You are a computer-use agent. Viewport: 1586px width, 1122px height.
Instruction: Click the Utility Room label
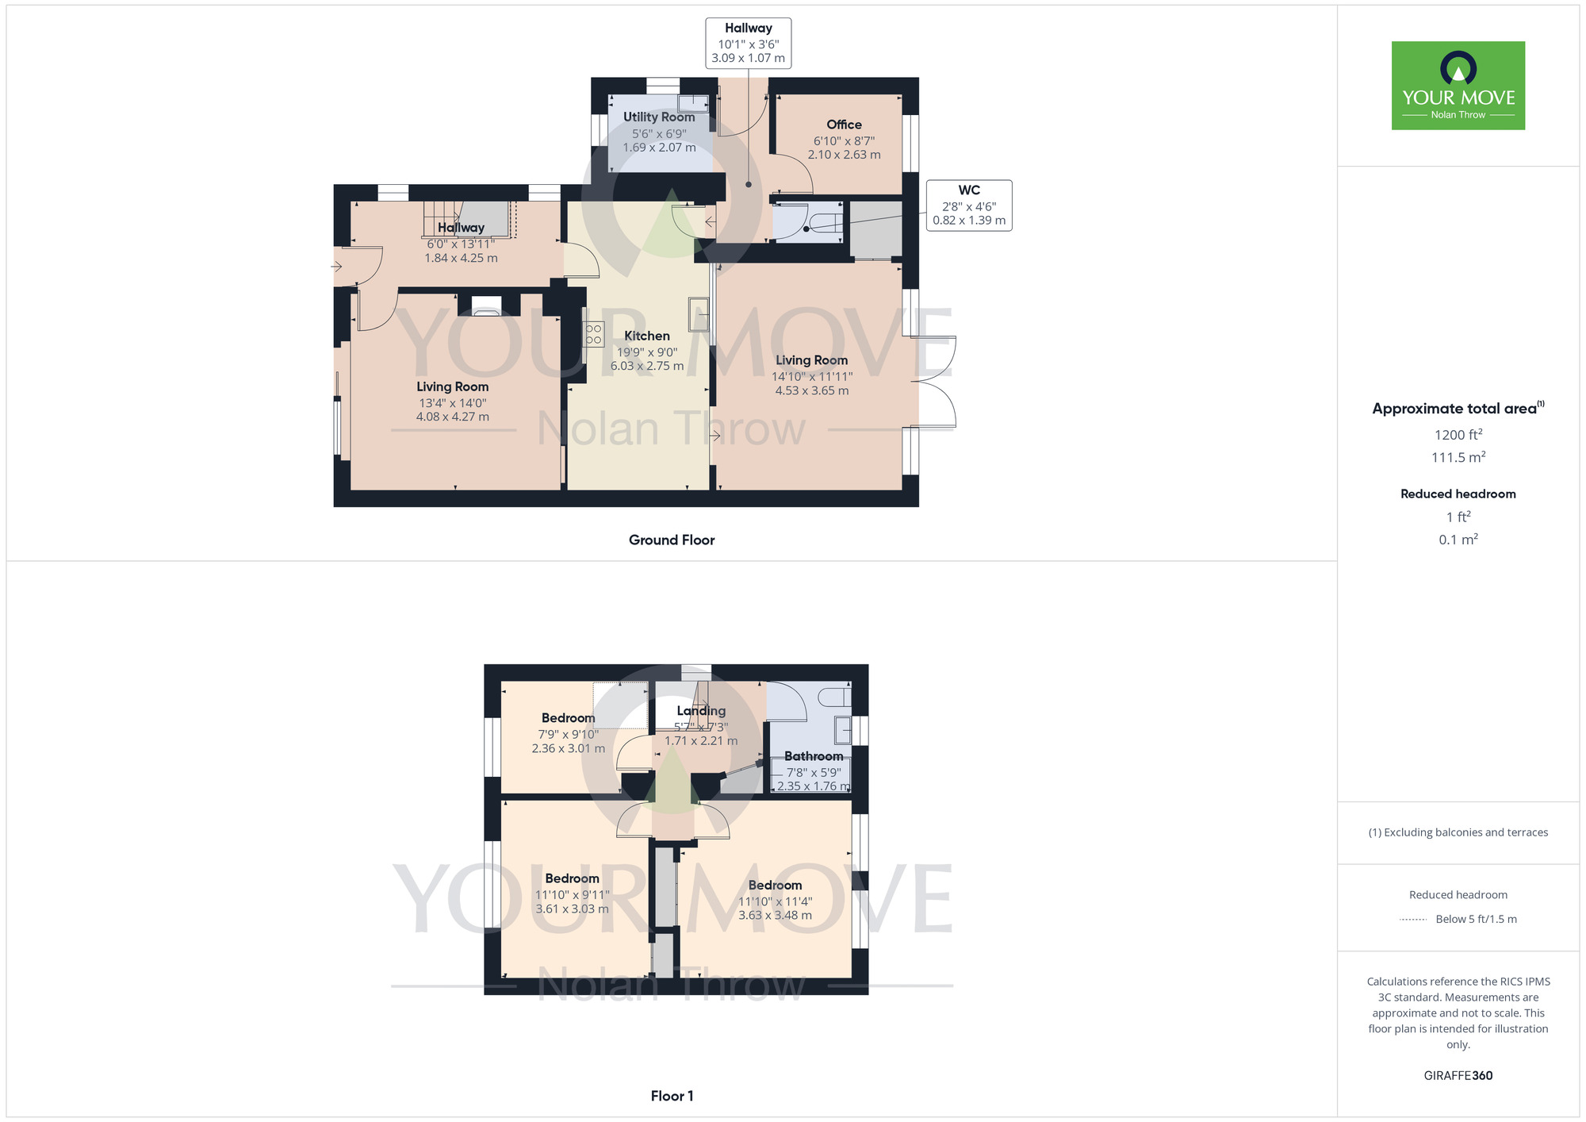coord(658,117)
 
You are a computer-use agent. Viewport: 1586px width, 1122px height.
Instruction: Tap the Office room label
coord(844,125)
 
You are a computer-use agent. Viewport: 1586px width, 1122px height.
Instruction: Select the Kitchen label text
coord(646,336)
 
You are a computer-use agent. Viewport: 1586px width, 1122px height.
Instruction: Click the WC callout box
coord(969,205)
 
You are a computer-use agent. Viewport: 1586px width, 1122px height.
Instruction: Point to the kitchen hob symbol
coord(593,334)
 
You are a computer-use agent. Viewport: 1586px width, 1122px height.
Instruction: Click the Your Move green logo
coord(1458,86)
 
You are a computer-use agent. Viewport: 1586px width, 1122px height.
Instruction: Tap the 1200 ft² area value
coord(1458,435)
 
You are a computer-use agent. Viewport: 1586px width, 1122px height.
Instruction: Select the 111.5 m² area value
coord(1458,457)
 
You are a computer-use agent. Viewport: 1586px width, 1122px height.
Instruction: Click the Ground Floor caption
coord(671,540)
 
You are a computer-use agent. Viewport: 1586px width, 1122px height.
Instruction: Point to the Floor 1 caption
coord(671,1096)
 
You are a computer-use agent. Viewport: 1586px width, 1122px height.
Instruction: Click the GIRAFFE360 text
coord(1458,1076)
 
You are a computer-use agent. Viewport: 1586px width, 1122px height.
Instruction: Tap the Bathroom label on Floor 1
coord(813,756)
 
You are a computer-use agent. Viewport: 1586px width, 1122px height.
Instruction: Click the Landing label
coord(701,711)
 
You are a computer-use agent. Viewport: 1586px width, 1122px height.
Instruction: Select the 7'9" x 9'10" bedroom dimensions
coord(568,735)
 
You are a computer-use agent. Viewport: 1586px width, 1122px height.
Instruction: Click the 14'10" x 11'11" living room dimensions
coord(811,377)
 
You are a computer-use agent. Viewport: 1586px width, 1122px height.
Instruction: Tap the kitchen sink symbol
coord(698,314)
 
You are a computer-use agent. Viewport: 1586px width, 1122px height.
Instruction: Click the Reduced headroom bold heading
coord(1458,494)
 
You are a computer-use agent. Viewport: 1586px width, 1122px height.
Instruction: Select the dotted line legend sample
coord(1413,920)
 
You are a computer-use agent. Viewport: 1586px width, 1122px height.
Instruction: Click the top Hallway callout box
coord(748,43)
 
